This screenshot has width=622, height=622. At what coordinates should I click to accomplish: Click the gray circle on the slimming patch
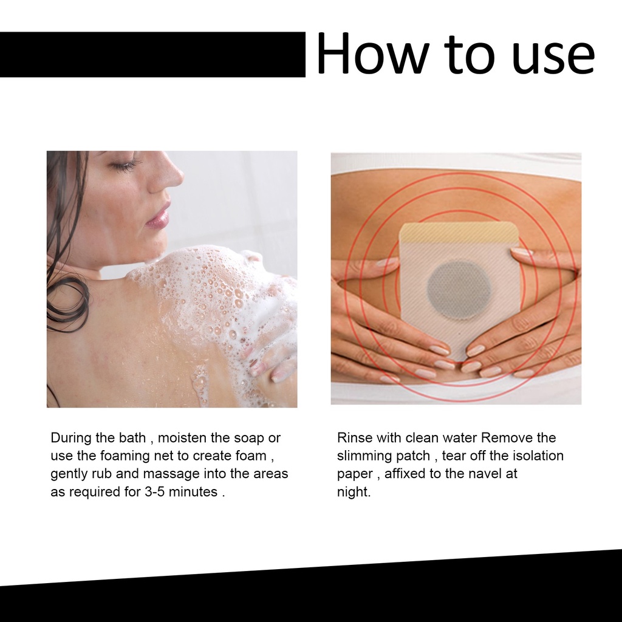tap(459, 290)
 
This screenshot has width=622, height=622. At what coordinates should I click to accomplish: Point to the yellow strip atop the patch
tap(459, 232)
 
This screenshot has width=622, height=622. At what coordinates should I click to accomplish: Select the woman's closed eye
tap(125, 164)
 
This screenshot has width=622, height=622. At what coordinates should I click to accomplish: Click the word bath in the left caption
tap(132, 437)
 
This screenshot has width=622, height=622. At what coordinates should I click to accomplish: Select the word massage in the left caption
tap(171, 474)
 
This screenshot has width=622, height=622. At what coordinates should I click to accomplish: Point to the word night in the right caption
tap(352, 492)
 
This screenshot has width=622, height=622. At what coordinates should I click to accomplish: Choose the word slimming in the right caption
tap(362, 456)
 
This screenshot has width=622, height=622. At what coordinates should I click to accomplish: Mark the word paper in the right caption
tap(355, 474)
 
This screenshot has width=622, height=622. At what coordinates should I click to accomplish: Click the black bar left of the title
tap(152, 54)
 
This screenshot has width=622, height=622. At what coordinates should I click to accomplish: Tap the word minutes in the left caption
tap(193, 492)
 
